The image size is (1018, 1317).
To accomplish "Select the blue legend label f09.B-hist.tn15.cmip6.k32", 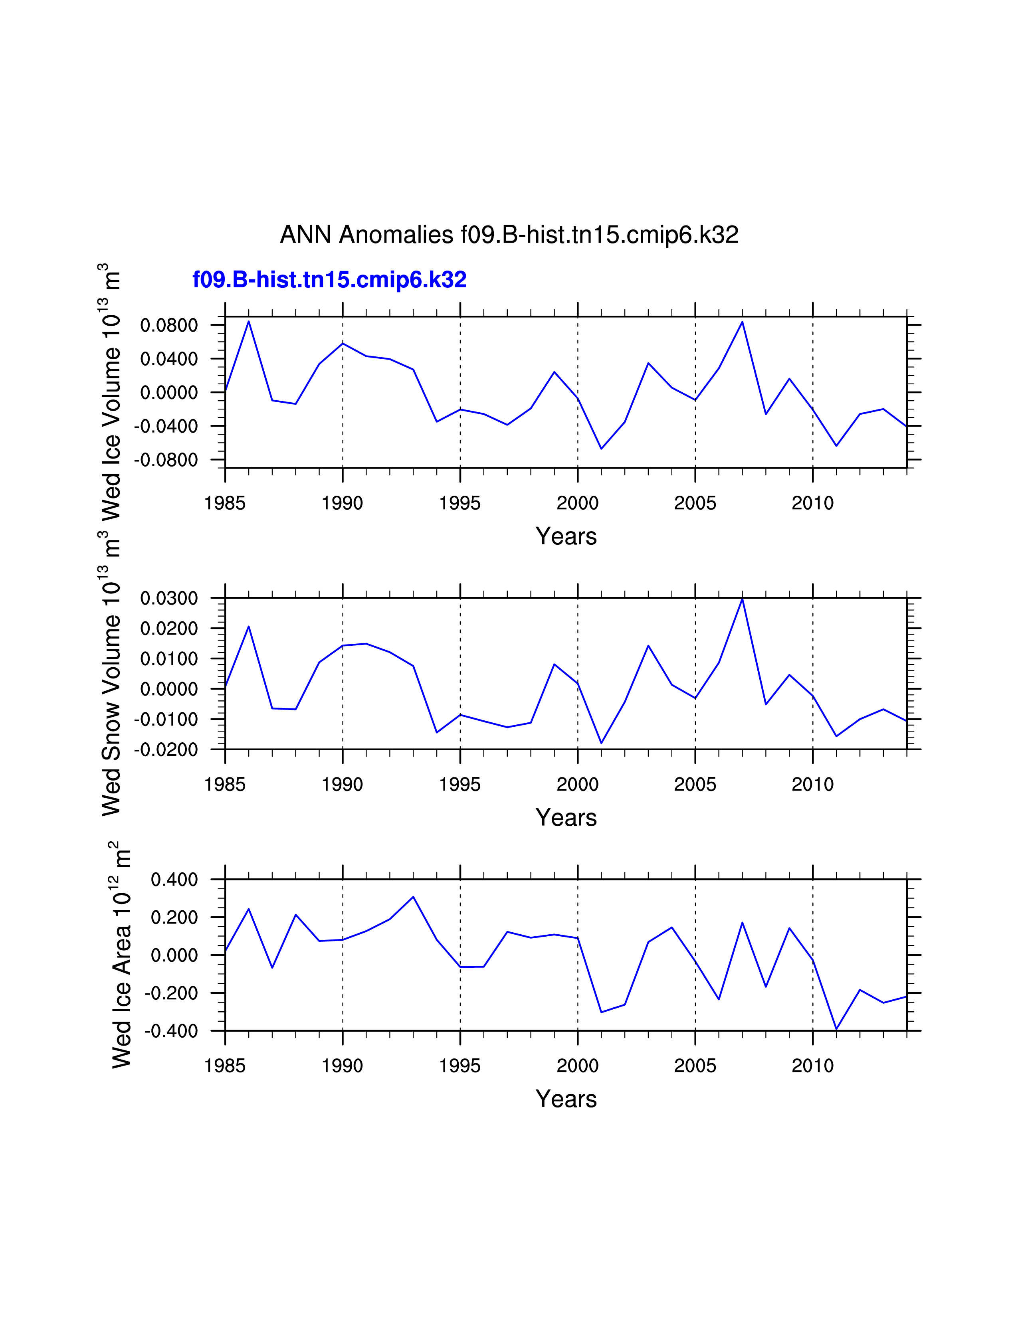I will [x=329, y=280].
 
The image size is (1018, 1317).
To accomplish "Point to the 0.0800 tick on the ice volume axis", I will [x=169, y=326].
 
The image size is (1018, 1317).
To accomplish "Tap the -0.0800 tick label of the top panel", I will [x=165, y=460].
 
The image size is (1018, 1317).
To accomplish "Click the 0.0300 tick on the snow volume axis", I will [x=169, y=599].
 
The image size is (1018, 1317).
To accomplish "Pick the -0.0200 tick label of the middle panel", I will [x=165, y=750].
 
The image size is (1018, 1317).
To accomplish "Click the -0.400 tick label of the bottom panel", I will [x=171, y=1031].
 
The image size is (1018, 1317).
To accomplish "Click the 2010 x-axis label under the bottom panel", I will [x=812, y=1066].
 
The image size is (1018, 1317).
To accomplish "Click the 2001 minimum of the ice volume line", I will [x=601, y=449].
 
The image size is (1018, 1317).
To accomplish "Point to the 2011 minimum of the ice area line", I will [x=836, y=1029].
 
